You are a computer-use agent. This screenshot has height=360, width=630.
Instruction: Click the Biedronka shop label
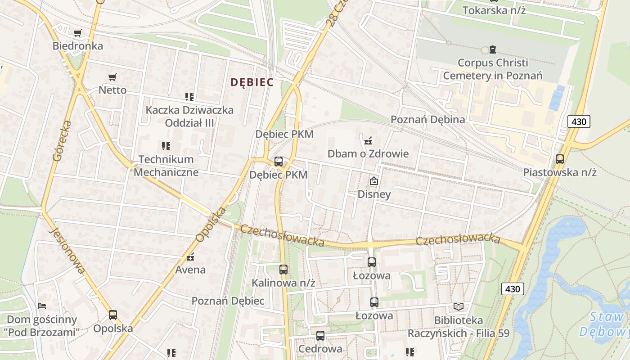point(77,46)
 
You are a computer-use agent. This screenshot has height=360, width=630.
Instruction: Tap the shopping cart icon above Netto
point(112,77)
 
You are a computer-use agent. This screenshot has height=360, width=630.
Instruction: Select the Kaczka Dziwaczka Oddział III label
point(189,116)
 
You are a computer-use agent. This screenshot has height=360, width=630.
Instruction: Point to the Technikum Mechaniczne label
point(166,165)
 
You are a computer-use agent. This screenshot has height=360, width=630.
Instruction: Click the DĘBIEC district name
point(252,82)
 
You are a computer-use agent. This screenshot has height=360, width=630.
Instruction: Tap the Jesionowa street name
point(67,250)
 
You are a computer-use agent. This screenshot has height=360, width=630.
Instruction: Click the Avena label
point(190,270)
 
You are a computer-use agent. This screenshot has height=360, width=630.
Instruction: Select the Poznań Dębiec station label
point(228,301)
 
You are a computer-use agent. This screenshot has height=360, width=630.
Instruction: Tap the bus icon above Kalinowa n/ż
point(283,270)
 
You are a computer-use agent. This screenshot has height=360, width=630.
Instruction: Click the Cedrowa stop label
point(320,349)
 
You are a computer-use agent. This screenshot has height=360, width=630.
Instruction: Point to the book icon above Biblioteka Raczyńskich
point(458,307)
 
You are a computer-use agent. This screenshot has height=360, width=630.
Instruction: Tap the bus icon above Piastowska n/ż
point(560,159)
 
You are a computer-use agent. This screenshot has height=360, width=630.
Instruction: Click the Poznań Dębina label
point(427,119)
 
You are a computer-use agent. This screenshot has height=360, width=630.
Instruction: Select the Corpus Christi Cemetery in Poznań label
point(493,69)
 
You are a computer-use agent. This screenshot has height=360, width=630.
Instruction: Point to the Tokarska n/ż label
point(494,10)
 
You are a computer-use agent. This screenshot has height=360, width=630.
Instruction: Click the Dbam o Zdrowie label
point(368,153)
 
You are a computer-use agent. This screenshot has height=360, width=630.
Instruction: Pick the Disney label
point(374,194)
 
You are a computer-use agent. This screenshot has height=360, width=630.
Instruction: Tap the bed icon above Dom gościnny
point(42,306)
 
